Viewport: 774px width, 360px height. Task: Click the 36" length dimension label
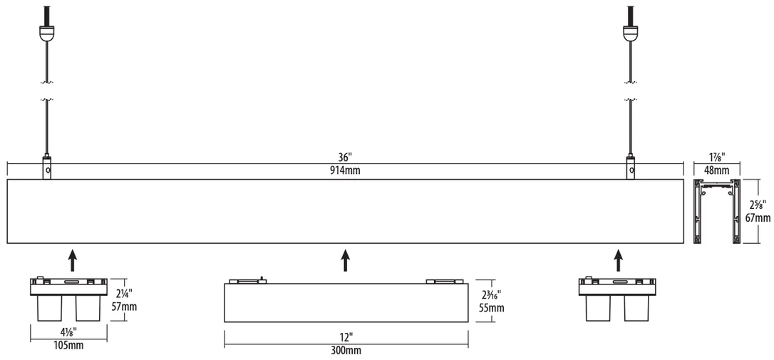pyautogui.click(x=346, y=158)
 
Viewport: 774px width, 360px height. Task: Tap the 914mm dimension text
pyautogui.click(x=346, y=171)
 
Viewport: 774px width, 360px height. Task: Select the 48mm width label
pyautogui.click(x=716, y=170)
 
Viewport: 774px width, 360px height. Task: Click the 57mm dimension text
pyautogui.click(x=124, y=307)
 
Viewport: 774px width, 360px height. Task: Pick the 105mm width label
pyautogui.click(x=68, y=345)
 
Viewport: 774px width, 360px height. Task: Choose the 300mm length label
pyautogui.click(x=346, y=351)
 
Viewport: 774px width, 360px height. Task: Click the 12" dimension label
pyautogui.click(x=346, y=338)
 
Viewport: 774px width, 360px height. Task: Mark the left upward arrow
pyautogui.click(x=73, y=260)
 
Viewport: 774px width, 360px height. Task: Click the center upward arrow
pyautogui.click(x=346, y=260)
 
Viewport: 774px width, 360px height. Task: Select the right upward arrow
pyautogui.click(x=618, y=260)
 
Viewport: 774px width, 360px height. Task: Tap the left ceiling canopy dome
pyautogui.click(x=46, y=33)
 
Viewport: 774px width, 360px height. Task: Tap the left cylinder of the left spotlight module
pyautogui.click(x=50, y=309)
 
